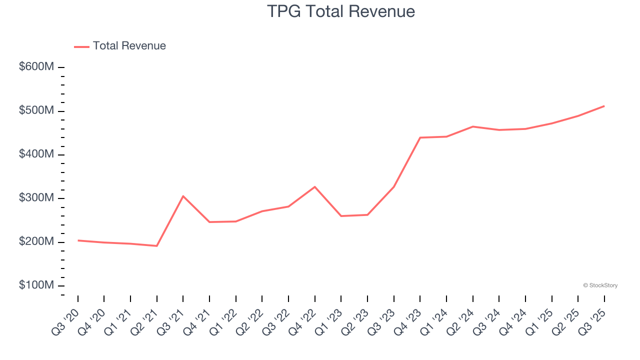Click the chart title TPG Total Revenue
341,11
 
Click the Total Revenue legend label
129,46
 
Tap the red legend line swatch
81,46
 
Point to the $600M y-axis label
36,67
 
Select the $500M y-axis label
36,110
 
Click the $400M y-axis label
36,154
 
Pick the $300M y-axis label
36,198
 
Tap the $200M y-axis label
36,242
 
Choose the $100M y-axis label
36,285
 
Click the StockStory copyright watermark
600,285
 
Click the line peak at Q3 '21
183,196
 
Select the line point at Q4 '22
315,186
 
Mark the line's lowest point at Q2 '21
157,246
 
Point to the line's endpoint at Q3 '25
604,106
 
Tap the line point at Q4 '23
420,137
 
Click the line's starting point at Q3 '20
78,240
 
